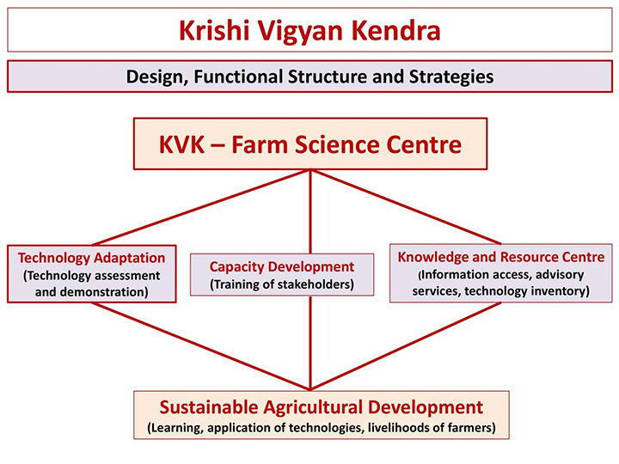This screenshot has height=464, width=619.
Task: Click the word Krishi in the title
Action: [x=214, y=30]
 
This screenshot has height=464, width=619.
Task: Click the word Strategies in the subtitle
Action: [x=451, y=77]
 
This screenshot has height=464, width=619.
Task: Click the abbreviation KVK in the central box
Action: [x=182, y=144]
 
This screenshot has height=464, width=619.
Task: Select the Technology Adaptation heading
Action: [x=92, y=258]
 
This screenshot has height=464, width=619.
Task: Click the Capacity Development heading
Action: [x=282, y=266]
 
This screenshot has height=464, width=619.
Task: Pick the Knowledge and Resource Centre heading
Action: [x=501, y=257]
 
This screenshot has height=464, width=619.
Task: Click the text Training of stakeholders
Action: [x=282, y=284]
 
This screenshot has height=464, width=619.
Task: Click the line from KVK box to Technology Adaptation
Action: [x=201, y=208]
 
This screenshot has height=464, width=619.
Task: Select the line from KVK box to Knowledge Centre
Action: [x=406, y=207]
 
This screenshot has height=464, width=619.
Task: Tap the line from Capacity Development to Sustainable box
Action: [x=310, y=343]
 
